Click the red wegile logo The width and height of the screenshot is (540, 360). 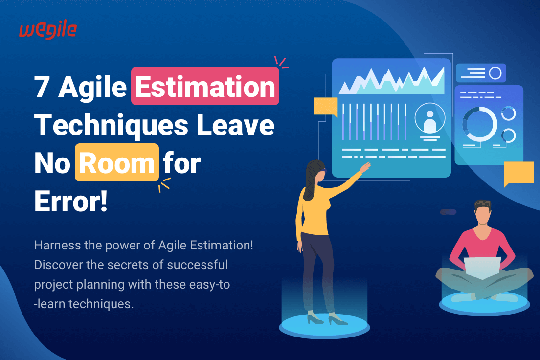[48, 30]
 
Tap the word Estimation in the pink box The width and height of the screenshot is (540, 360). [205, 87]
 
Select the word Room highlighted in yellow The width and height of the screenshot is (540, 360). [116, 162]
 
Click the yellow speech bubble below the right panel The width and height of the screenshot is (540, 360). [518, 173]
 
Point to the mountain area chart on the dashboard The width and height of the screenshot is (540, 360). [391, 80]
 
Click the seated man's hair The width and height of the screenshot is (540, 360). [483, 206]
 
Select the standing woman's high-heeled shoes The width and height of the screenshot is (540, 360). [323, 319]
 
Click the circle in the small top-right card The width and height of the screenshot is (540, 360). [495, 73]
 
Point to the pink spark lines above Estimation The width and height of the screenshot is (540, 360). [281, 62]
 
